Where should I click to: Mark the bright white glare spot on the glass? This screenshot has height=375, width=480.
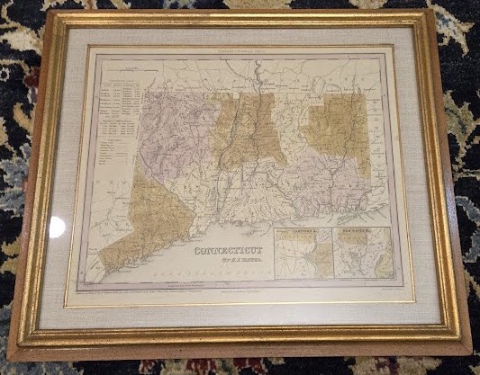tap(56, 227)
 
